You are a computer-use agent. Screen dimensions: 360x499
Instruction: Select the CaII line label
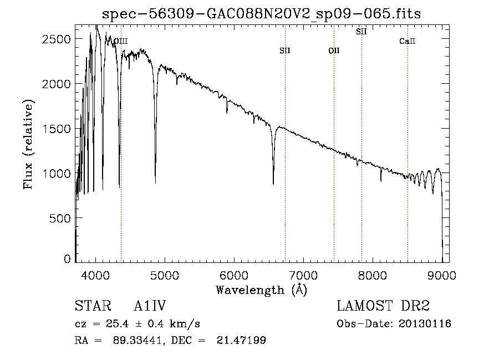408,41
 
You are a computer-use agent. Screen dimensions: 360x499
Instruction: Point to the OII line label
334,50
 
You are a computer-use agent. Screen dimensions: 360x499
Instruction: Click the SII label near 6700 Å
285,50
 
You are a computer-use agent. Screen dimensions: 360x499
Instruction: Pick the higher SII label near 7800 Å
361,32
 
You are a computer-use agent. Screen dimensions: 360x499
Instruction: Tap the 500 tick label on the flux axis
61,219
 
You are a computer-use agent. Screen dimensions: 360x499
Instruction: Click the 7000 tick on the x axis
303,275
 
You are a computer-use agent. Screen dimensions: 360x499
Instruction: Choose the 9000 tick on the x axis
442,275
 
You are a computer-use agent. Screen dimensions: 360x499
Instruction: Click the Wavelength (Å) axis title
261,290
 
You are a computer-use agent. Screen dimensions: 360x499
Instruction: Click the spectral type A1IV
150,307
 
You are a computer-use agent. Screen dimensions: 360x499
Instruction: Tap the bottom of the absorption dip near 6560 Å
273,183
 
